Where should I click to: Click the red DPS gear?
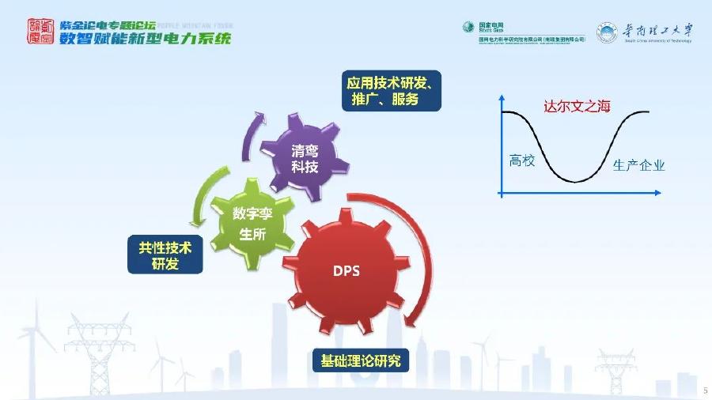[x=346, y=270]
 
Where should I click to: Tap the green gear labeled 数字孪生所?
[x=252, y=222]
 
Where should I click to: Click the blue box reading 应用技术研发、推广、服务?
[x=392, y=91]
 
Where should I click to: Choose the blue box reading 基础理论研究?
[x=360, y=361]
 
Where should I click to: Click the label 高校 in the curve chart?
[x=522, y=160]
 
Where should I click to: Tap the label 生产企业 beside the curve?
[x=639, y=165]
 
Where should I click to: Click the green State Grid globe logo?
[x=468, y=28]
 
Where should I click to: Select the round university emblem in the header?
[x=607, y=32]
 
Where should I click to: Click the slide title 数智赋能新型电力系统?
[x=146, y=39]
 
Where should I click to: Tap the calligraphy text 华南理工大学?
[x=656, y=30]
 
